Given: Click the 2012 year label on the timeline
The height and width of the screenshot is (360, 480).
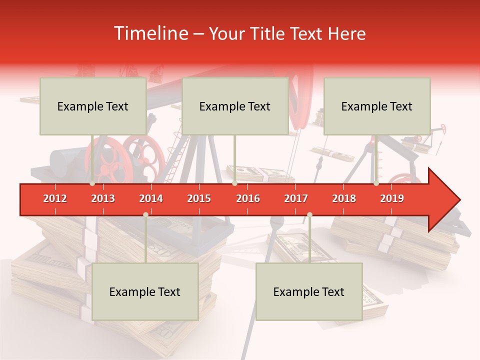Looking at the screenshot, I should point(55,198).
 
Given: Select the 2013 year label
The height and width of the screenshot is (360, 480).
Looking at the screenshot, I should point(103,198).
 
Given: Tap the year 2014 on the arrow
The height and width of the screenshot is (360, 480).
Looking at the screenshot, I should point(151,198).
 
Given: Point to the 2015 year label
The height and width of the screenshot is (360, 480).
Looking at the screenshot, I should point(199,198).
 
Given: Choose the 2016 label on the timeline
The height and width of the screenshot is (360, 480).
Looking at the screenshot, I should point(248,198).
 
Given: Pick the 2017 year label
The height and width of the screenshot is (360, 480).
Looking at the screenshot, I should point(296,198).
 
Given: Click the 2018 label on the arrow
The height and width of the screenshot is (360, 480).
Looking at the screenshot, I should point(344,198).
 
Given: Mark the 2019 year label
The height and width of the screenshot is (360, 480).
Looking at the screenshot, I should point(392,198).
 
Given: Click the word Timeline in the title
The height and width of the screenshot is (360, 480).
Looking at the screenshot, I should point(150,33).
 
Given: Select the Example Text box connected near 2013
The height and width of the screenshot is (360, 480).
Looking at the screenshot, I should point(93,106).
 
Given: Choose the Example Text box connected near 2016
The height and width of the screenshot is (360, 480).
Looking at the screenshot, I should point(235,106).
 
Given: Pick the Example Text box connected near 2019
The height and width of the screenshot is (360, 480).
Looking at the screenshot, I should point(377,106).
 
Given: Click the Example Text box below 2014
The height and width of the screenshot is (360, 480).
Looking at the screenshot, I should point(145,291).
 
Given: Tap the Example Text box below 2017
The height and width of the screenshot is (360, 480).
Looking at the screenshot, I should point(309,291).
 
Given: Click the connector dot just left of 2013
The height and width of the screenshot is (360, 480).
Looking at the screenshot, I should point(92,183).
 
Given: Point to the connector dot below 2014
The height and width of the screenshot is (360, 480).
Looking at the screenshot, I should point(145,215).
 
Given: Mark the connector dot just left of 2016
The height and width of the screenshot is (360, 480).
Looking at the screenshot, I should point(234,183).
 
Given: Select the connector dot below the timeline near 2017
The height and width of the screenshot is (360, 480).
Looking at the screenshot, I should point(309,215).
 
